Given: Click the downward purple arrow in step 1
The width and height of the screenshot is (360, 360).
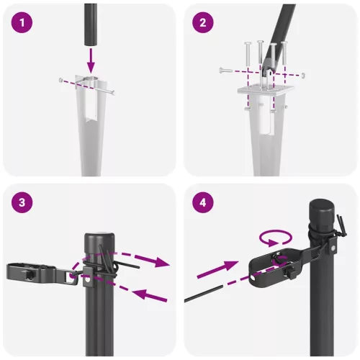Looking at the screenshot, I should [91, 57].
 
